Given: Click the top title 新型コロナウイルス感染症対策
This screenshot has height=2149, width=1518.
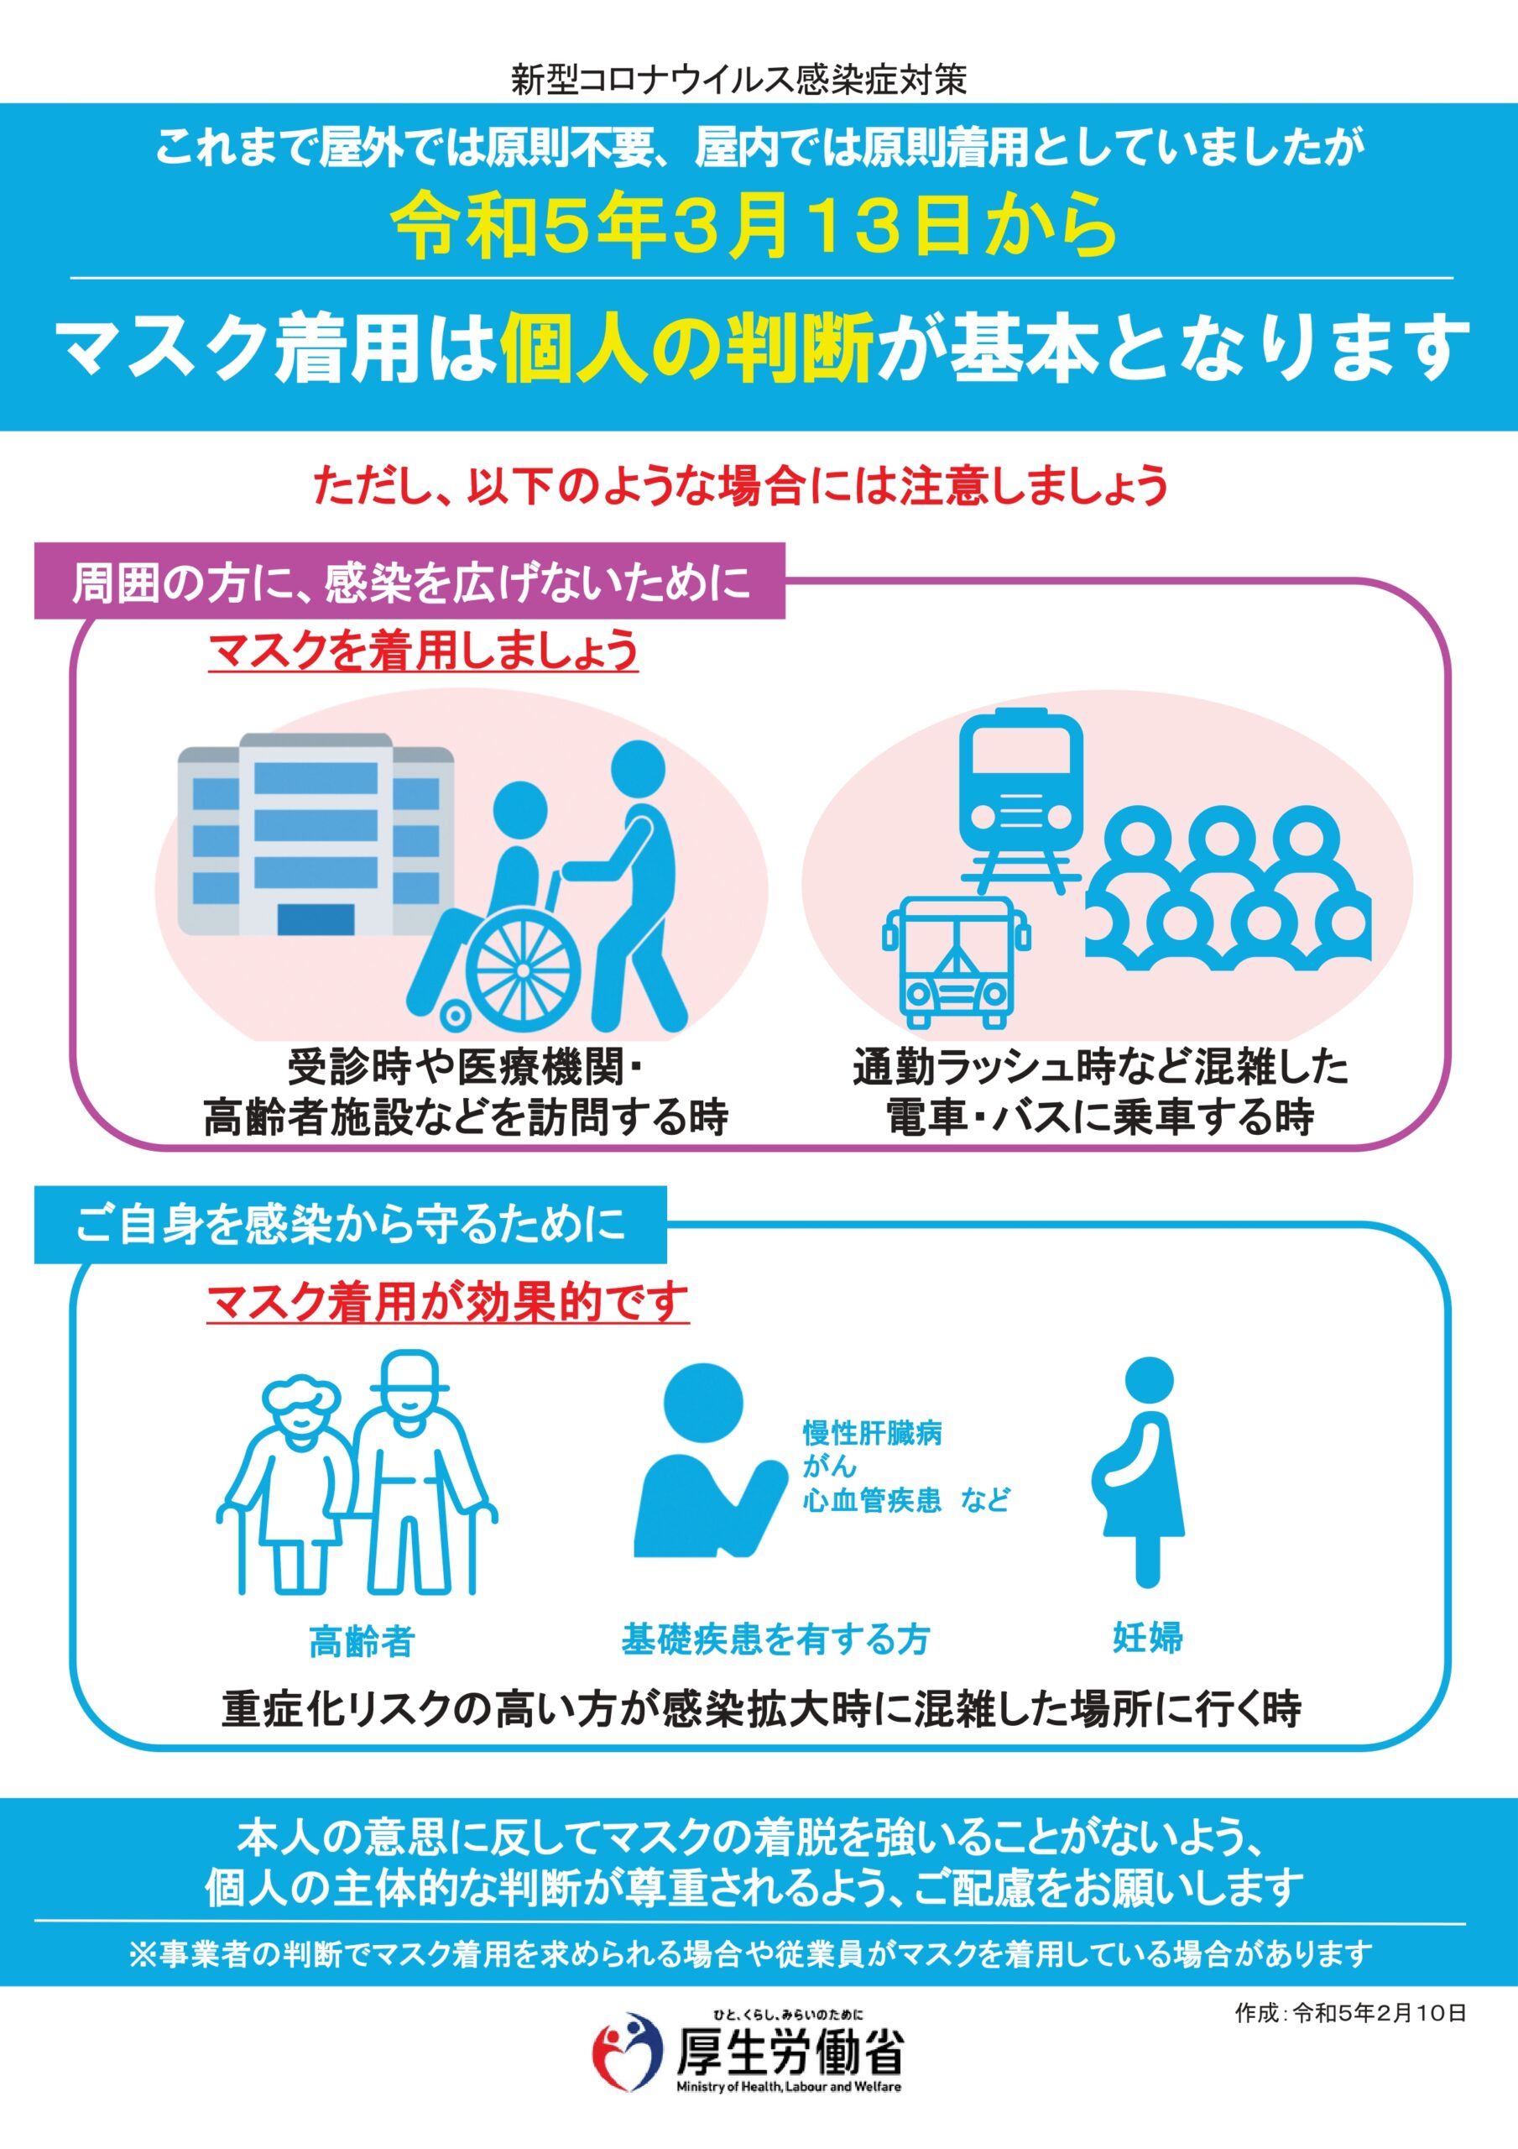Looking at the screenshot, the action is coord(739,80).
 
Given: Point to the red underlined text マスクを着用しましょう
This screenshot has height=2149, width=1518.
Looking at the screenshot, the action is coord(423,651).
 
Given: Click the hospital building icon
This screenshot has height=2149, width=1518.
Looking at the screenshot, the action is coord(316,834).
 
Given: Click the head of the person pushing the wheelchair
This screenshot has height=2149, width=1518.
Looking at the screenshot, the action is coord(639,771).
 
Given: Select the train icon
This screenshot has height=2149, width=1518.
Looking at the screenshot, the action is coord(1021,799).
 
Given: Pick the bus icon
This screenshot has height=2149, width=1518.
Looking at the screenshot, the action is coord(956,962).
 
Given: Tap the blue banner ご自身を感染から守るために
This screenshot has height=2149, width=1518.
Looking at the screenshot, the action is coord(351,1224).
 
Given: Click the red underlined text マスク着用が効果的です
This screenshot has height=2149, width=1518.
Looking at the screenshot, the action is coord(447,1302).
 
